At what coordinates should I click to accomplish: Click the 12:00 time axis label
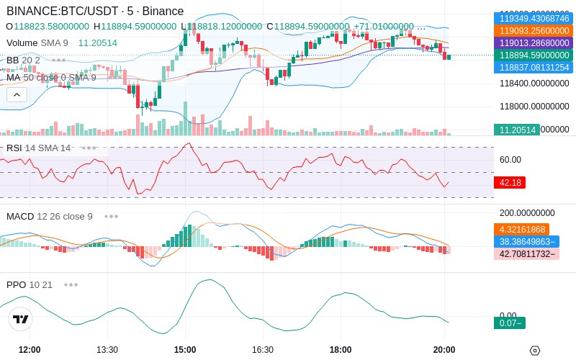[x=30, y=350]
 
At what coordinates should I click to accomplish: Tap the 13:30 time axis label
[x=107, y=350]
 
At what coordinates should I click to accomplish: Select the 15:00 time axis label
[x=185, y=350]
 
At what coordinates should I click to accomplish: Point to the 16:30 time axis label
[x=263, y=350]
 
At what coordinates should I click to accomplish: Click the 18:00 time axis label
[x=341, y=350]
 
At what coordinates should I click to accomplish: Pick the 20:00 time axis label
[x=444, y=350]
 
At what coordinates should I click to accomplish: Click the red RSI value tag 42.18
[x=510, y=183]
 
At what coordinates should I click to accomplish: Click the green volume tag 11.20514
[x=516, y=130]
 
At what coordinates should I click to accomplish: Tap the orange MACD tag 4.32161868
[x=521, y=230]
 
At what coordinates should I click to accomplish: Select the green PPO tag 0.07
[x=509, y=323]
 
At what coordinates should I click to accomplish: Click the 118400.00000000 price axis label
[x=534, y=84]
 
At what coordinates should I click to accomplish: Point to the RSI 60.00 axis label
[x=510, y=160]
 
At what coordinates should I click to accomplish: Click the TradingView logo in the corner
[x=20, y=319]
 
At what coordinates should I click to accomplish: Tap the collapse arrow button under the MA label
[x=17, y=94]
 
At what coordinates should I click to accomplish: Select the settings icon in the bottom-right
[x=534, y=351]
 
